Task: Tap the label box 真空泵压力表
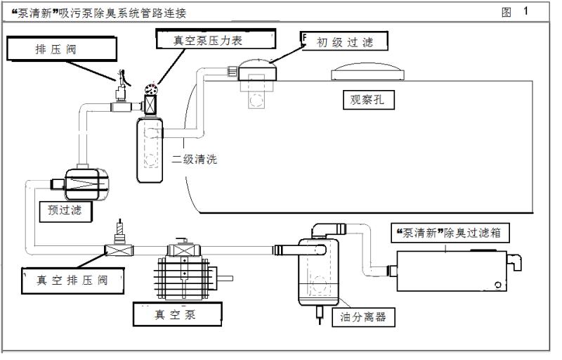(208, 39)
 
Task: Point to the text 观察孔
(368, 99)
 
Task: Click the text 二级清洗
(195, 159)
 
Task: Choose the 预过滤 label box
(70, 210)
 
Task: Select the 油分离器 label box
(362, 318)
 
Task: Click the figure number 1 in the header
(525, 12)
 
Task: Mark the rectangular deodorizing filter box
(450, 271)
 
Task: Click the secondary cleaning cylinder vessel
(148, 149)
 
